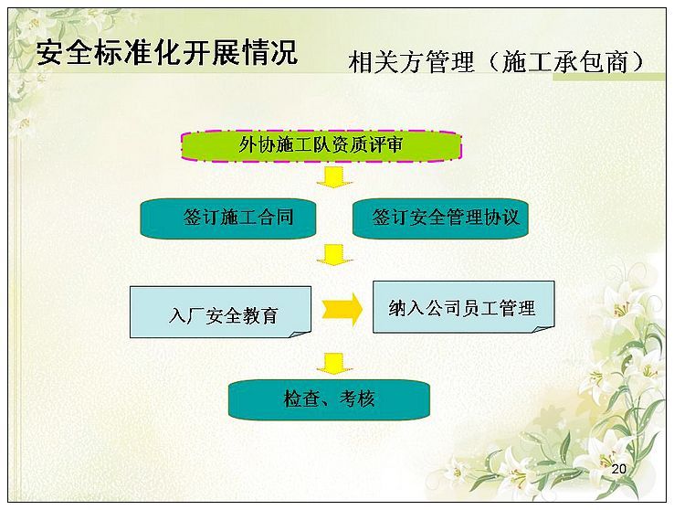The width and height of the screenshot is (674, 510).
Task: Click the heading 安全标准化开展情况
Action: pyautogui.click(x=167, y=53)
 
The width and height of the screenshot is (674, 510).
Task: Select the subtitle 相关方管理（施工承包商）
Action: pyautogui.click(x=497, y=62)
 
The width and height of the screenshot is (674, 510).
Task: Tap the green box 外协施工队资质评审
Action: pyautogui.click(x=321, y=146)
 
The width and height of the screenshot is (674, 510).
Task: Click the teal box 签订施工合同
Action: pyautogui.click(x=228, y=218)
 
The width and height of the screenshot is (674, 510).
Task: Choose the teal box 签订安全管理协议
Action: pyautogui.click(x=440, y=218)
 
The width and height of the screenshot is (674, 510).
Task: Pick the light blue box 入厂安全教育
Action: pyautogui.click(x=220, y=312)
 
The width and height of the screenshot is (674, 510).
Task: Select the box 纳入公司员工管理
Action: pyautogui.click(x=463, y=307)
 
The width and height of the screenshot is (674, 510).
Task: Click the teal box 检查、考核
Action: pyautogui.click(x=329, y=399)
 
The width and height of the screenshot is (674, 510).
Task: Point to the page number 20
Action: pyautogui.click(x=618, y=469)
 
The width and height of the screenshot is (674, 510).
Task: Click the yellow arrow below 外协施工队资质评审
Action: pyautogui.click(x=334, y=177)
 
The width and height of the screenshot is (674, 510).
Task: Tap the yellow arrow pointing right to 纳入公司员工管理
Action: pyautogui.click(x=342, y=309)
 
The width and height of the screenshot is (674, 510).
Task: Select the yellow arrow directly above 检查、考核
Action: pyautogui.click(x=334, y=364)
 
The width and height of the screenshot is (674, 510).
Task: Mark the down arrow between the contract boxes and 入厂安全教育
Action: pyautogui.click(x=334, y=255)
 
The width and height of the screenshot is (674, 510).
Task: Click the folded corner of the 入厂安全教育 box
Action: pyautogui.click(x=301, y=335)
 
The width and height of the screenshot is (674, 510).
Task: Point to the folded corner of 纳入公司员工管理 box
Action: pyautogui.click(x=544, y=329)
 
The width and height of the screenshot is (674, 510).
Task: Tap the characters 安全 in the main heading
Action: pyautogui.click(x=65, y=53)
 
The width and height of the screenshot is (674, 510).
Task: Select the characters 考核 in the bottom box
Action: pyautogui.click(x=357, y=399)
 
